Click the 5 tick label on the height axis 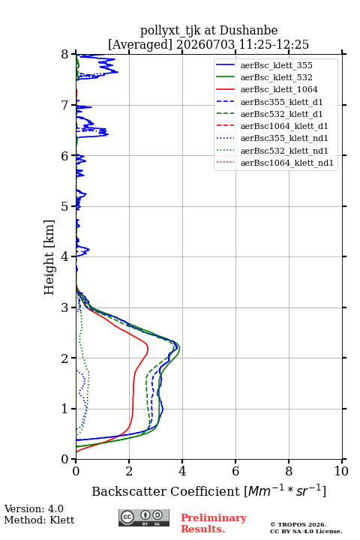[65, 207]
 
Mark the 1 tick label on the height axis [65, 409]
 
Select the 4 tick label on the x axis [182, 471]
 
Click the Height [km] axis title [49, 257]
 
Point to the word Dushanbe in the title [249, 31]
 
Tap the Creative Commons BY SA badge [144, 517]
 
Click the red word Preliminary [214, 517]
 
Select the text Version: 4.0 [34, 508]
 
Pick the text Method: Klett [39, 520]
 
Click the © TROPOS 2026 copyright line [298, 524]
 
